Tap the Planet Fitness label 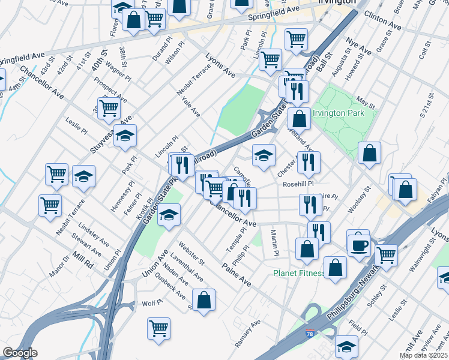tap(298, 273)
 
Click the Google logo tap(20, 353)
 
